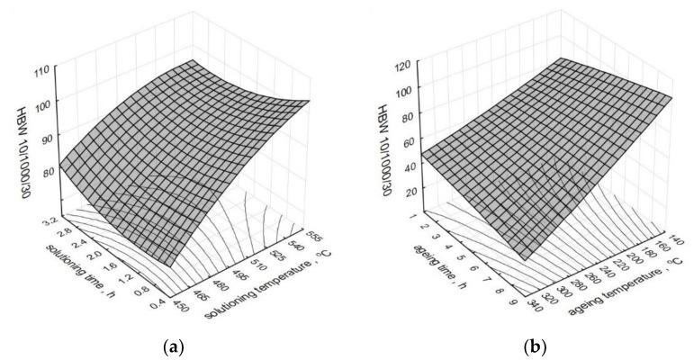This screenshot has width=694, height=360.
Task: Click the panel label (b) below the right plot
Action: pos(527,345)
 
